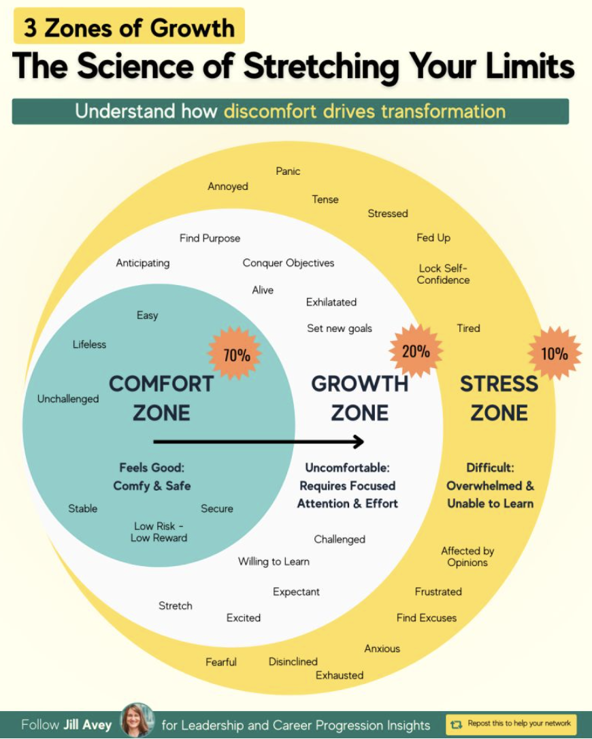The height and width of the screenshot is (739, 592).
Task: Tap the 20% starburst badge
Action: coord(416,351)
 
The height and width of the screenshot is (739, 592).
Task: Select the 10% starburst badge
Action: coord(555,353)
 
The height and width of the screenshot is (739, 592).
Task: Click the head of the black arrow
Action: coord(359,442)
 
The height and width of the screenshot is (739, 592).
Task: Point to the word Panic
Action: coord(288,171)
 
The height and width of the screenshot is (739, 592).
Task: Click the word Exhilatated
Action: coord(331,301)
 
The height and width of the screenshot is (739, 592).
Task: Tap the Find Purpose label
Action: coord(210,238)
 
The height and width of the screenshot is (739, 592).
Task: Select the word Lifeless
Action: coord(90,344)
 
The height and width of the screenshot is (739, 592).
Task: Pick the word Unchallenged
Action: coord(68,399)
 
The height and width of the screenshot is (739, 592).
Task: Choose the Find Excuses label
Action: coord(427,618)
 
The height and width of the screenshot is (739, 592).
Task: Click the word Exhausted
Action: coord(340,675)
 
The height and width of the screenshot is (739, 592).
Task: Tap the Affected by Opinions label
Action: coord(467,557)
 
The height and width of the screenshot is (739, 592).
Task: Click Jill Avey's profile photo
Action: coord(137,721)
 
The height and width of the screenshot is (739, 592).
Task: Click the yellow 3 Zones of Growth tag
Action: coord(129,27)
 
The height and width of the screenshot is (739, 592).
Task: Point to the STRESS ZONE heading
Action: coord(499,398)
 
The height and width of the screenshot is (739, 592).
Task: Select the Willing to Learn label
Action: coord(274,561)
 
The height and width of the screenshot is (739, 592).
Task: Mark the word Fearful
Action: coord(221,661)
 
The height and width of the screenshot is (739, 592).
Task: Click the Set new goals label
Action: coord(340,328)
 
